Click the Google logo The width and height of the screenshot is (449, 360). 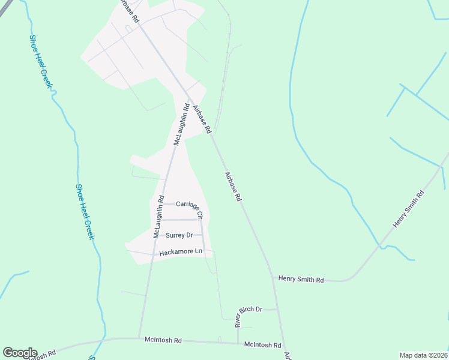point(20,353)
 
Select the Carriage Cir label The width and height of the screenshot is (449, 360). point(189,207)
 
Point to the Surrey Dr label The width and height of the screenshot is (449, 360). point(179,235)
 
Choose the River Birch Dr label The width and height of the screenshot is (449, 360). point(249,316)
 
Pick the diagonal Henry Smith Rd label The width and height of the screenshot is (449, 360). point(409,209)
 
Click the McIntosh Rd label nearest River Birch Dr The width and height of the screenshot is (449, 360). point(263,345)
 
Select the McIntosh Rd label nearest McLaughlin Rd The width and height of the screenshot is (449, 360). point(163,340)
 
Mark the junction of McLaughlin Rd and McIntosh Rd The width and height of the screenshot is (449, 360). point(139,338)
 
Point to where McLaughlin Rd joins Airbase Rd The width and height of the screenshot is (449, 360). point(188,99)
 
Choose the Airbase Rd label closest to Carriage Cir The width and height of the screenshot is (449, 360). point(233,187)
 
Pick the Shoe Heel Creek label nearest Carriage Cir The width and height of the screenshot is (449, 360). point(85,211)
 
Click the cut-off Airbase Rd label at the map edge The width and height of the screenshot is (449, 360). point(287,355)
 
